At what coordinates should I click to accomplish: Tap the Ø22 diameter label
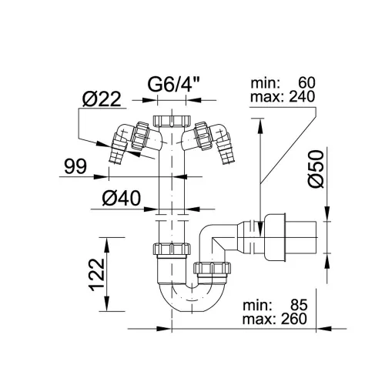tap(102, 99)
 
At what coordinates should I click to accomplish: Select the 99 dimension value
tap(75, 166)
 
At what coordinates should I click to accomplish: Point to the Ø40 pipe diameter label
tap(122, 198)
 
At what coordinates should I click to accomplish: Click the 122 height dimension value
tap(97, 275)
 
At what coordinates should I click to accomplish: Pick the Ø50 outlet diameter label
tap(316, 169)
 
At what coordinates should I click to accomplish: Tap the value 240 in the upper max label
tap(302, 97)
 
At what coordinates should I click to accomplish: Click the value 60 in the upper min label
tap(306, 83)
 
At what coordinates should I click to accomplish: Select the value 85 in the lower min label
tap(299, 305)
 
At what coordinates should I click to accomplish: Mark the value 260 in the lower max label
tap(294, 319)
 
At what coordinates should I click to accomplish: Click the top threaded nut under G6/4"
tap(172, 121)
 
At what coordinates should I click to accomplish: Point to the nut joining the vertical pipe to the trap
tap(172, 249)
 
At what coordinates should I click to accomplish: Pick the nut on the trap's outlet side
tap(212, 268)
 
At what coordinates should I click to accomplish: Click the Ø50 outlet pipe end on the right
tap(301, 237)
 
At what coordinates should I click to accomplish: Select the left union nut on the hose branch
tap(140, 136)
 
